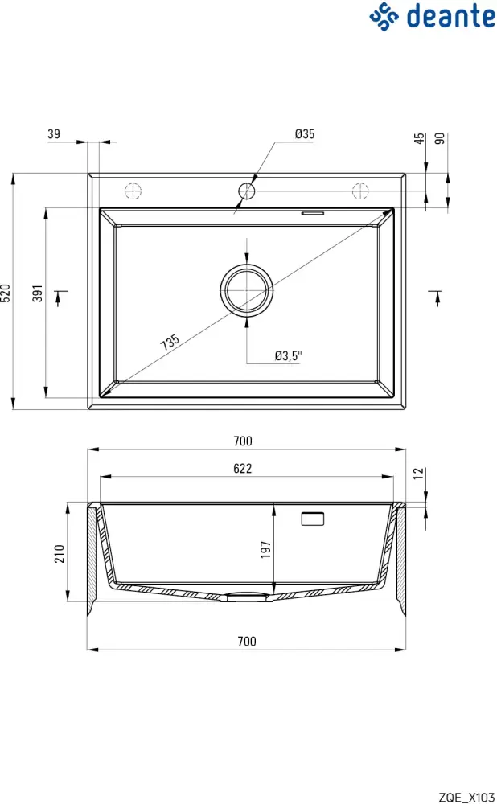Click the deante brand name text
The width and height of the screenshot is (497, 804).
tap(450, 15)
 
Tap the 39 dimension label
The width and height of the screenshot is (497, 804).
tap(54, 134)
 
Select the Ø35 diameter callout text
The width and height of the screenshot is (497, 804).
tap(305, 134)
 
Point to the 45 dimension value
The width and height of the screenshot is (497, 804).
tap(419, 139)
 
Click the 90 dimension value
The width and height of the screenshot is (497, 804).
tap(439, 139)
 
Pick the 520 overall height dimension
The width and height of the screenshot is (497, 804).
tap(6, 292)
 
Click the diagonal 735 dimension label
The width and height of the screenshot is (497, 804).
tap(170, 342)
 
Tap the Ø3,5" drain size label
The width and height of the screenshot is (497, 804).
tap(287, 355)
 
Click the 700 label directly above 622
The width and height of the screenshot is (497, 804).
tap(243, 441)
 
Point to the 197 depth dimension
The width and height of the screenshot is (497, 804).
tap(266, 549)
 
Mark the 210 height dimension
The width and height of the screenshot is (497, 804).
tap(59, 553)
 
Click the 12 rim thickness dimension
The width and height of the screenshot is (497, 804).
tap(419, 475)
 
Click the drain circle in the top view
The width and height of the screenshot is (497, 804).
tap(247, 290)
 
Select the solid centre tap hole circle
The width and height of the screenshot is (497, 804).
tap(247, 191)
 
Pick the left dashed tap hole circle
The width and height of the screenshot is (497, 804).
tap(133, 191)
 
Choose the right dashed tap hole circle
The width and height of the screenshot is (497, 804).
tap(359, 191)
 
